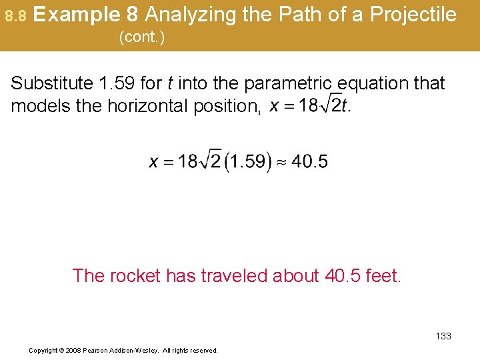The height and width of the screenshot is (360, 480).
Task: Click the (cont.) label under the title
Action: pos(141,37)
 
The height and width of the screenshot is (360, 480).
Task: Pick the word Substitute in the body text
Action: pos(52,83)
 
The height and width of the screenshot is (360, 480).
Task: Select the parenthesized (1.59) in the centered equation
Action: pos(248,162)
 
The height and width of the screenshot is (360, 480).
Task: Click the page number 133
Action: pos(443,336)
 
